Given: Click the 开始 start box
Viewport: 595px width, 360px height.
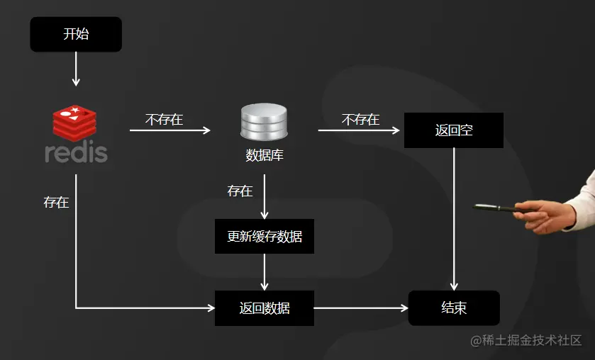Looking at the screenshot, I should coord(76,34).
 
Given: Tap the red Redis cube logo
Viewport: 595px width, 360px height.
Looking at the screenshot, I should coord(74,123).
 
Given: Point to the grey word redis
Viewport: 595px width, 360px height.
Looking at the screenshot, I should coord(76,153).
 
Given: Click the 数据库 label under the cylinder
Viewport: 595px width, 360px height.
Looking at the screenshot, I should coord(264,155).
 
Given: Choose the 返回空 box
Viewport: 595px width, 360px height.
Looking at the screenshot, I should coord(453,130).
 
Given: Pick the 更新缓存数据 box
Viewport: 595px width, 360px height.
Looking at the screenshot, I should coord(264,236).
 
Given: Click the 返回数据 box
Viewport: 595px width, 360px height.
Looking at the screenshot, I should coord(264,308).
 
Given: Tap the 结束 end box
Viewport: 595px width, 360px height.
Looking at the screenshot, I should coord(453,308).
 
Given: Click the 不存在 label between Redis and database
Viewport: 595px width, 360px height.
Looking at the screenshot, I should coord(164,120).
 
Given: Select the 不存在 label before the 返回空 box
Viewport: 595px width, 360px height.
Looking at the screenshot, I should coord(360,120).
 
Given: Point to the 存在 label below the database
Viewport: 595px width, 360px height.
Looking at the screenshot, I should coord(240,191).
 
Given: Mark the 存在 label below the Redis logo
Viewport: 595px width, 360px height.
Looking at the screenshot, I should coord(56,202).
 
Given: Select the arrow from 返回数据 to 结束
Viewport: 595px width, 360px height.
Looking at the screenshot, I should coord(361,308).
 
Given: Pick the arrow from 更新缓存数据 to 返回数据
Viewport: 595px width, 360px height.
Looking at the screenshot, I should coord(264,272).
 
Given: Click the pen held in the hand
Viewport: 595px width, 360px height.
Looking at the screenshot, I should coord(496,208).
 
